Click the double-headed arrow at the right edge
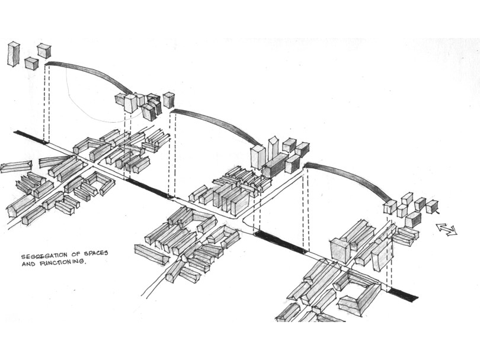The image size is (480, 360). pos(446,228)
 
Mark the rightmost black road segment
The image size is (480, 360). pos(403,294)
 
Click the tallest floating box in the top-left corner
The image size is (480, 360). pos(14,53)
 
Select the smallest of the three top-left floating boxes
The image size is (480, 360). pos(31,63)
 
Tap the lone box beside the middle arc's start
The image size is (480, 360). pos(169,100)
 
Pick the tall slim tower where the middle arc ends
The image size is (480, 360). pos(273,148)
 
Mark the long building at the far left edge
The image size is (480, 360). pos(16,167)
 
